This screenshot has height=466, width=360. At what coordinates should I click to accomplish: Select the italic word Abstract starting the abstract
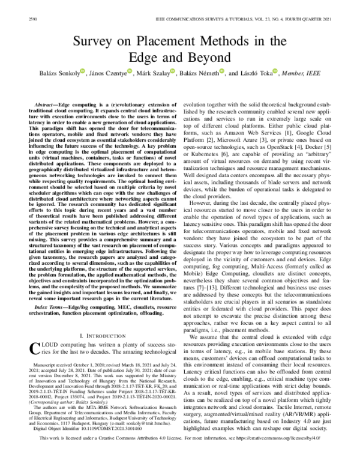click(x=47, y=104)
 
